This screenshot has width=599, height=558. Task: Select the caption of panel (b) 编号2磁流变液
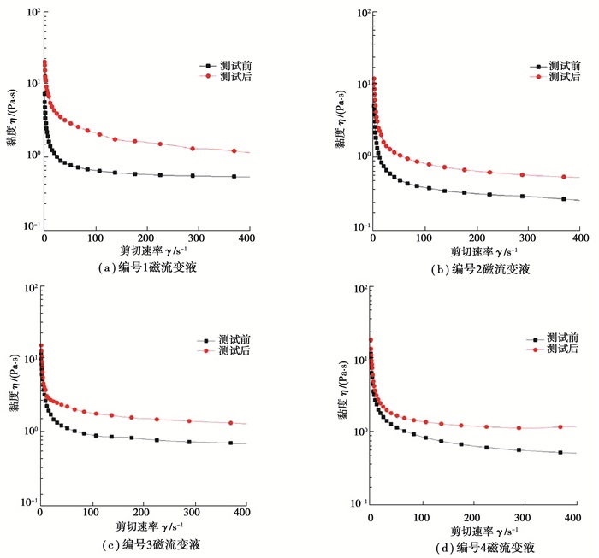(x=481, y=268)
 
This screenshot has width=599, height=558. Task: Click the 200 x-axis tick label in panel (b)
(x=477, y=238)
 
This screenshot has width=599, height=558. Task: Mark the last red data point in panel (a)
(x=234, y=151)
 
